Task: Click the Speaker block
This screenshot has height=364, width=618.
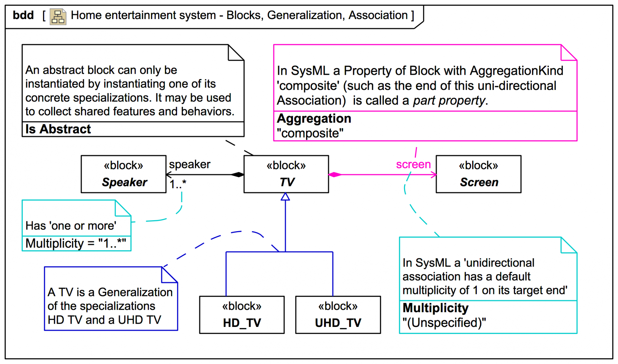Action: click(124, 174)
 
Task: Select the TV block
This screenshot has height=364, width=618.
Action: click(286, 174)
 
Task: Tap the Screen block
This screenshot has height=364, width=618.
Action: click(478, 174)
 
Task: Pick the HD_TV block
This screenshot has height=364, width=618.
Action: click(242, 315)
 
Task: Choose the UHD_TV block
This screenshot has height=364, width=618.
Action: click(338, 315)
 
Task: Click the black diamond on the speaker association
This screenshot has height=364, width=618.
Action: click(238, 175)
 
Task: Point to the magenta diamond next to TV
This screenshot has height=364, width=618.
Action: click(335, 175)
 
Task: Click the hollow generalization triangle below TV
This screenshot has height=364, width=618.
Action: click(285, 197)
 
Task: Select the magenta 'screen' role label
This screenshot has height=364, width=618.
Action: click(413, 164)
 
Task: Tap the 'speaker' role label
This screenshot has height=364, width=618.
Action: click(190, 164)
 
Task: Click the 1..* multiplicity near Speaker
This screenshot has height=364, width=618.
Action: click(178, 184)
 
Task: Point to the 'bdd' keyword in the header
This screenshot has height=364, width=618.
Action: click(23, 15)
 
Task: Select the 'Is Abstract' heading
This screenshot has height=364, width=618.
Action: click(58, 129)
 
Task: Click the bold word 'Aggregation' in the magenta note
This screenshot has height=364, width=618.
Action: click(314, 119)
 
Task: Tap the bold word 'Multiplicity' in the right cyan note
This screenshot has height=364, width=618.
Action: click(435, 308)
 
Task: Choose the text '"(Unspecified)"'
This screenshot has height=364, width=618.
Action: click(444, 322)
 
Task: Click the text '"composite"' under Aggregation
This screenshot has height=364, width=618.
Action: click(310, 133)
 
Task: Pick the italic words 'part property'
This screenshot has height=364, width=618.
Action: click(449, 101)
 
